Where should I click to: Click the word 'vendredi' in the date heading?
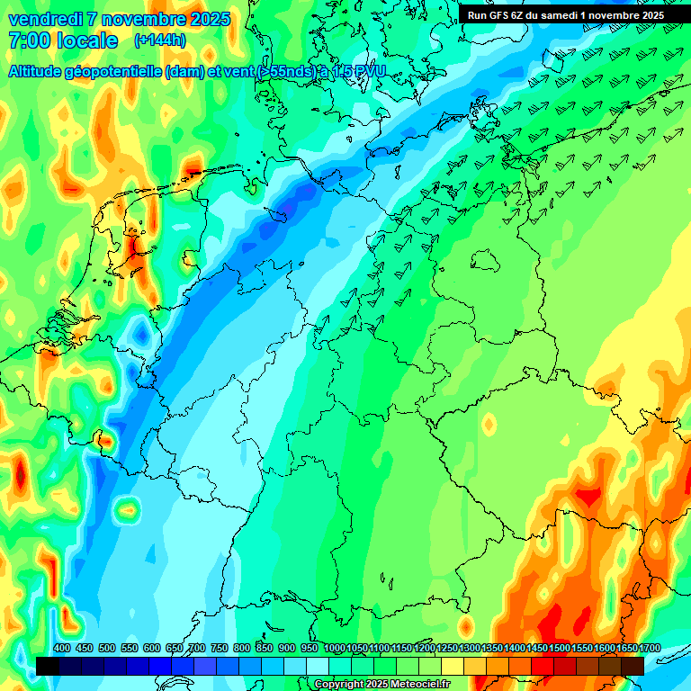coord(44,19)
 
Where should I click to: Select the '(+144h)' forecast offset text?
coord(160,40)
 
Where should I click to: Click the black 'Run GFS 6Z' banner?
coord(566,14)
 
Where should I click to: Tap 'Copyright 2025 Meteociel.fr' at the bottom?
coord(381,685)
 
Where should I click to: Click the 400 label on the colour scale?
coord(62,649)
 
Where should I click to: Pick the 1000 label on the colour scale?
coord(334,649)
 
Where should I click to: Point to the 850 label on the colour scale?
coord(265,649)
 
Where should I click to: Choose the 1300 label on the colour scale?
coord(470,649)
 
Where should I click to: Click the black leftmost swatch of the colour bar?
coord(48,666)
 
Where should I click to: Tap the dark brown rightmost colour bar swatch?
coord(633,666)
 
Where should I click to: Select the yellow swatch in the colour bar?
coord(453,666)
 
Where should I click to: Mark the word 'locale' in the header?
coord(86,40)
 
